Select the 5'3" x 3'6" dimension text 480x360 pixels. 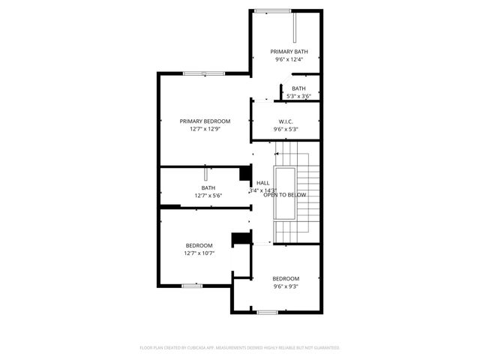coord(298,96)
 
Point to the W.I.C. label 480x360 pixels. coord(286,121)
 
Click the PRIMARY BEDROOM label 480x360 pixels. coord(204,121)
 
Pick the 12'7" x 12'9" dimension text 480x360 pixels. coord(204,129)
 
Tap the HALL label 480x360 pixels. coord(262,183)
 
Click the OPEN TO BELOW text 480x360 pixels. coord(285,195)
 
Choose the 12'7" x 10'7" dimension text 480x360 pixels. coord(199,253)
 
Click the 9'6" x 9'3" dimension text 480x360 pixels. coord(286,286)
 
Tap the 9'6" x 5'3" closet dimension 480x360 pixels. coord(286,129)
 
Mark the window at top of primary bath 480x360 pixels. coord(272,10)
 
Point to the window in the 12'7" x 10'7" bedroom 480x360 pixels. coord(193,285)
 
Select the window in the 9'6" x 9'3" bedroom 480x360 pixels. coord(268,311)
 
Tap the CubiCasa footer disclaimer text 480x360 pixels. coord(240,348)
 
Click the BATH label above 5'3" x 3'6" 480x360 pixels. coord(298,88)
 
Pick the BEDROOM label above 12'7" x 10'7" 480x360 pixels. coord(199,246)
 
